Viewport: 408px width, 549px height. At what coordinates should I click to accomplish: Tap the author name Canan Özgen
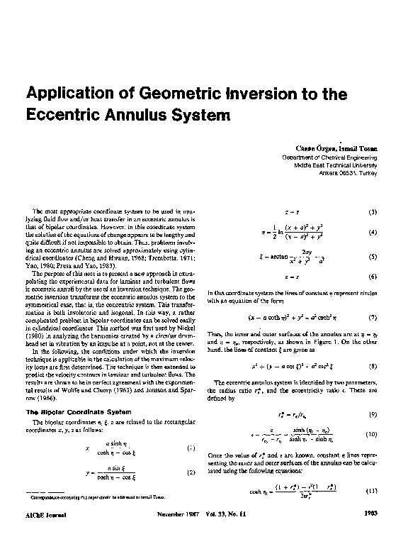[306, 148]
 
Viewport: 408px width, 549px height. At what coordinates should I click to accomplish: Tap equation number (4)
[372, 232]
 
